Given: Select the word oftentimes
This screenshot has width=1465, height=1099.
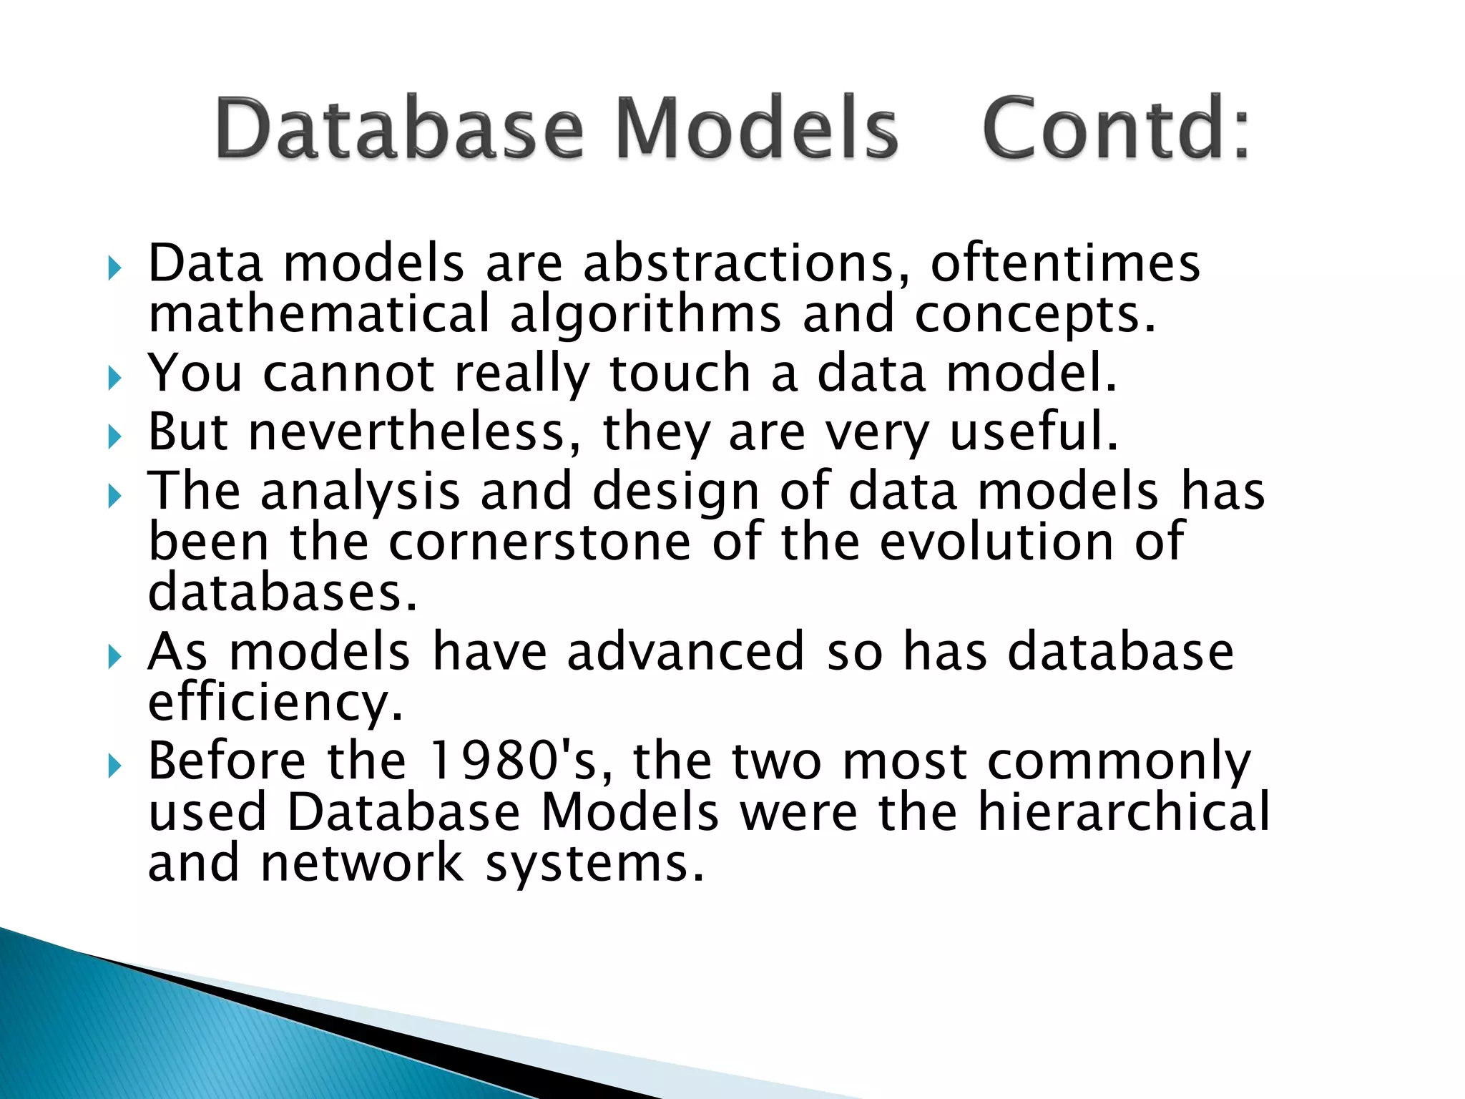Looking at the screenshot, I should [x=1064, y=263].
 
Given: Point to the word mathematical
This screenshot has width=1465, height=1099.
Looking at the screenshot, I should [x=319, y=315].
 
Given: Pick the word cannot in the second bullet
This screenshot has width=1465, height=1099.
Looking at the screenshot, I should [x=348, y=373].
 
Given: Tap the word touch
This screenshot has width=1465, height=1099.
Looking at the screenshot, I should [x=679, y=373].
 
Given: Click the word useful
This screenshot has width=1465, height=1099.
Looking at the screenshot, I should [x=1034, y=432].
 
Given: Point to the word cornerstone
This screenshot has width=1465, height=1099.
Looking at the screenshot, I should [x=539, y=542].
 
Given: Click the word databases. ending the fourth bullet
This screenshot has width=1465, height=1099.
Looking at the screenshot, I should [x=282, y=592].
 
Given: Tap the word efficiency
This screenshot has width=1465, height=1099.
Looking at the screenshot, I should [x=275, y=703].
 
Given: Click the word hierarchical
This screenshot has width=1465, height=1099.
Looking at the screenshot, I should [x=1123, y=812].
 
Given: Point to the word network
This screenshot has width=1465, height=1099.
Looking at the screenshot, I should [x=362, y=863].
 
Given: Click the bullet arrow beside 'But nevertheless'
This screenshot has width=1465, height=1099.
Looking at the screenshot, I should [x=114, y=436].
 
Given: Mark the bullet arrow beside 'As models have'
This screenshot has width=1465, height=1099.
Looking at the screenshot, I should [x=114, y=656].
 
